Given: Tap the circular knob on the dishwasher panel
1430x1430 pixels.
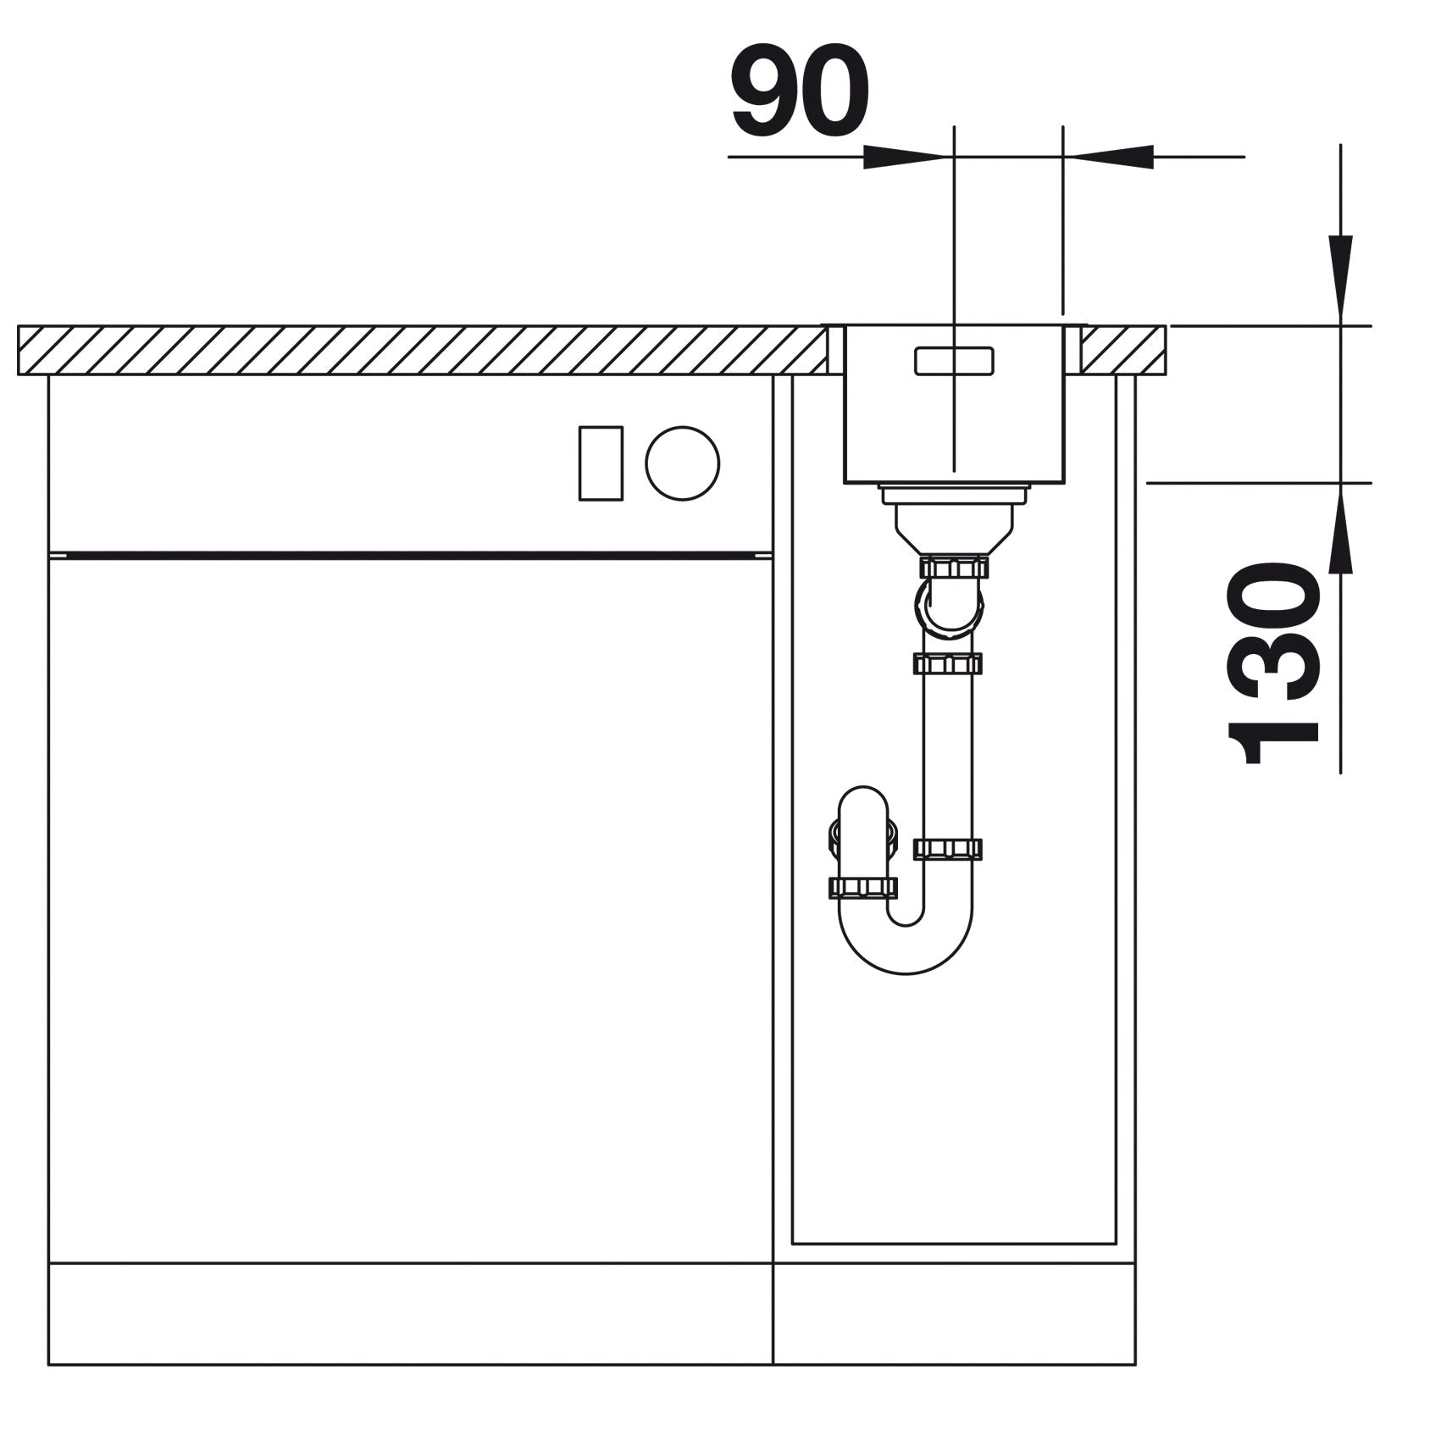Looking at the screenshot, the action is (682, 463).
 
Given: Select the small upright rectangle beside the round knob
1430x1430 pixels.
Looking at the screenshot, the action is (601, 463).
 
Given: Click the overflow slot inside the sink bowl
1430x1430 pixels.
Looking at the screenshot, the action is (954, 360).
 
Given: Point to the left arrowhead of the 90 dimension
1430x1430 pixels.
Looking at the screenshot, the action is (904, 156).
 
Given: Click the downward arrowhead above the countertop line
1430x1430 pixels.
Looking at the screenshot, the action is (1340, 278).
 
